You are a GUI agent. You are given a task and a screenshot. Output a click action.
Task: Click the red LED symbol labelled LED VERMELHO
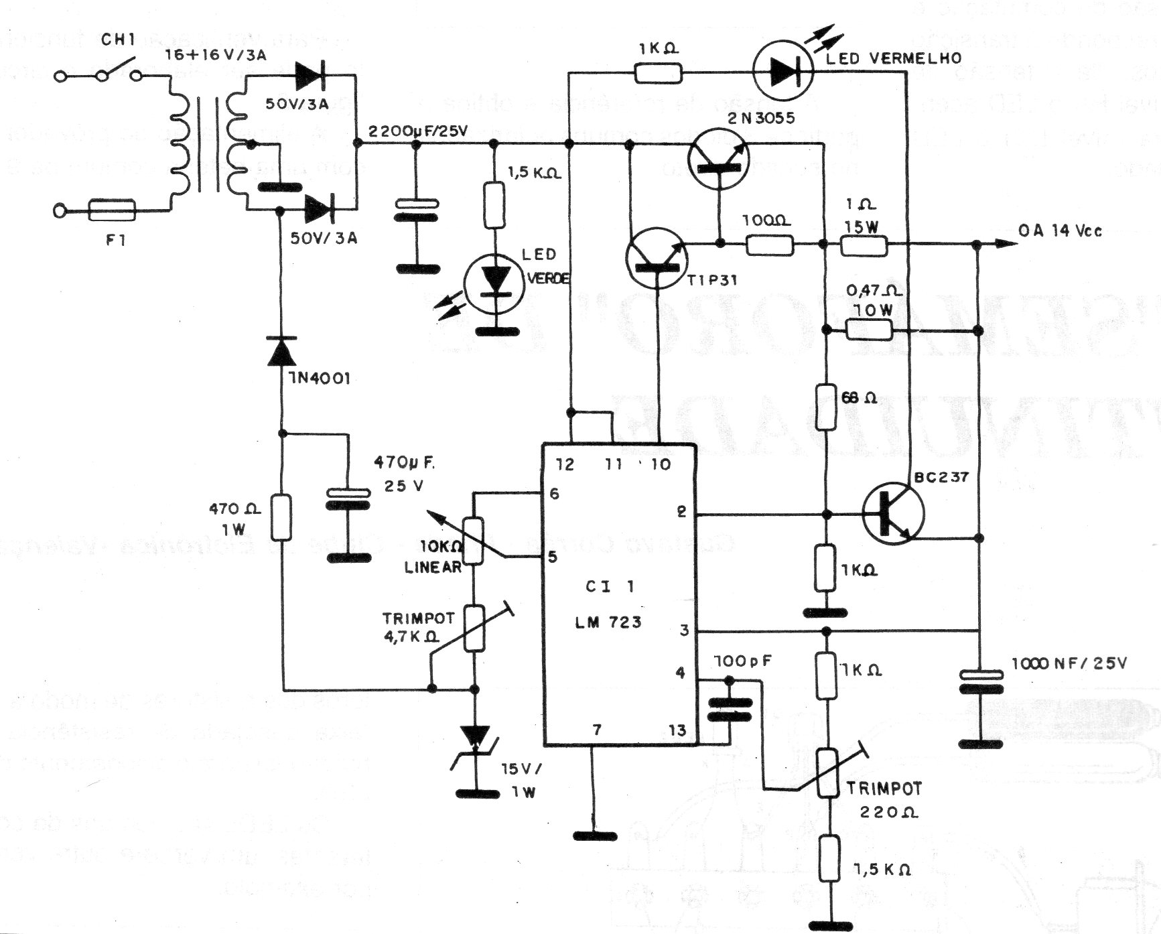pyautogui.click(x=782, y=72)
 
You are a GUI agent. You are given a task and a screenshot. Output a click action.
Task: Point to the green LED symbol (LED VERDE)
pyautogui.click(x=496, y=281)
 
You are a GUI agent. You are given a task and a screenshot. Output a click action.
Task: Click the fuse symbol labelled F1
pyautogui.click(x=112, y=211)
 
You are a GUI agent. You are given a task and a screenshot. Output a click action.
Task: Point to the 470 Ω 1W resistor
pyautogui.click(x=281, y=517)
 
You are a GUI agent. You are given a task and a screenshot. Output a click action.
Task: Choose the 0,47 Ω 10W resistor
pyautogui.click(x=869, y=329)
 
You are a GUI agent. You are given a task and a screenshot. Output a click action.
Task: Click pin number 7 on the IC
pyautogui.click(x=596, y=730)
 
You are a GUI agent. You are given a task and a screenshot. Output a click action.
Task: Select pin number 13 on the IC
pyautogui.click(x=677, y=730)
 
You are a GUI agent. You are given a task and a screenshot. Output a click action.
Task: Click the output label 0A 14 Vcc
pyautogui.click(x=1061, y=232)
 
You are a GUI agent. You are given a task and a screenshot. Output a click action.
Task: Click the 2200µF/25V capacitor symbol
pyautogui.click(x=416, y=209)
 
